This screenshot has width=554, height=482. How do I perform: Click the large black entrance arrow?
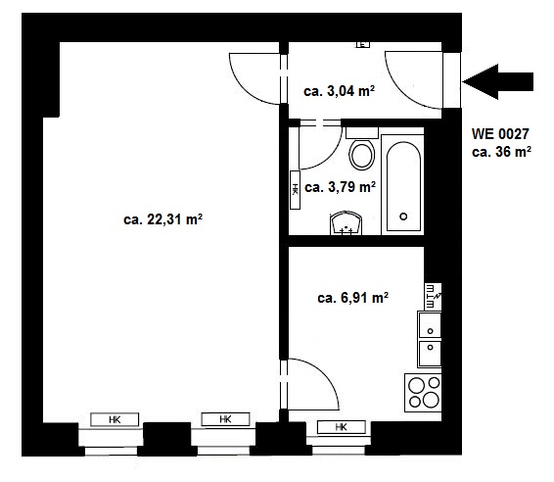[497, 81]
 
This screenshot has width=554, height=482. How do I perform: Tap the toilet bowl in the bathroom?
[362, 155]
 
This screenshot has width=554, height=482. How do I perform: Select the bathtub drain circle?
[403, 217]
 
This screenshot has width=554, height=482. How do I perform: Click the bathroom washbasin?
[346, 223]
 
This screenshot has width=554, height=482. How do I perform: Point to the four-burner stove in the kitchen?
[423, 393]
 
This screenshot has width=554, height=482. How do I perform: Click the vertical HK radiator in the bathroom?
[295, 190]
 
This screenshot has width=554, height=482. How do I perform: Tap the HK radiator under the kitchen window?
[342, 427]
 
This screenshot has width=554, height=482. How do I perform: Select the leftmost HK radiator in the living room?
[115, 419]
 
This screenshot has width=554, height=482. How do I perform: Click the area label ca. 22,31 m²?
[162, 219]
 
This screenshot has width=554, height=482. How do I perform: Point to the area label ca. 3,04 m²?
[340, 91]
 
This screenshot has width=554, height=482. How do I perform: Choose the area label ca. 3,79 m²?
[340, 187]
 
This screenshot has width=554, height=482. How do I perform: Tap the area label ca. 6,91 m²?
[353, 298]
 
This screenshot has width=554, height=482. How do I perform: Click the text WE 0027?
[500, 134]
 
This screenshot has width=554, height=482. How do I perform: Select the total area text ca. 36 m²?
[501, 152]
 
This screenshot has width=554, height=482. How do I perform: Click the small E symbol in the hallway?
[362, 44]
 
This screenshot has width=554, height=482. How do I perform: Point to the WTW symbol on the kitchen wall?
[433, 296]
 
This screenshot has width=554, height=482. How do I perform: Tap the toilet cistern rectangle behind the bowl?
[362, 133]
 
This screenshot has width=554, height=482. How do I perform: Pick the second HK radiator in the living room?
[225, 419]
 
